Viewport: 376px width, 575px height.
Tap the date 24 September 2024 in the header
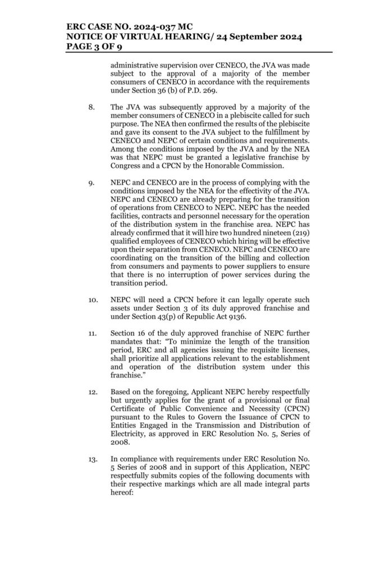(256, 37)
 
